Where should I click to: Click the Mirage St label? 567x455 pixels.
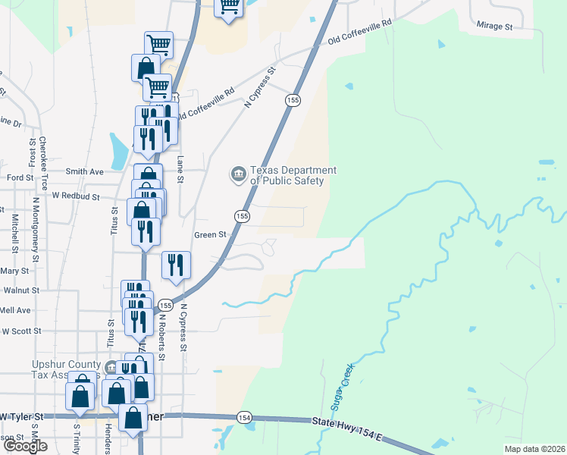[x=495, y=26]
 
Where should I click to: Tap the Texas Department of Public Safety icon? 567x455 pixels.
[x=238, y=175]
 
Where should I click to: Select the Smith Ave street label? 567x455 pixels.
[x=84, y=172]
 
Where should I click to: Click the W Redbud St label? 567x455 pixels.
[x=76, y=196]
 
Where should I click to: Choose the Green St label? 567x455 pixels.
[x=211, y=235]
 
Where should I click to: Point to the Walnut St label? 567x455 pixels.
[x=20, y=290]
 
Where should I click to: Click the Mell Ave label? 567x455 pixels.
[x=15, y=310]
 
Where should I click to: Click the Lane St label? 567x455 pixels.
[x=180, y=169]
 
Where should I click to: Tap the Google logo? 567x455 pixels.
[x=25, y=446]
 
